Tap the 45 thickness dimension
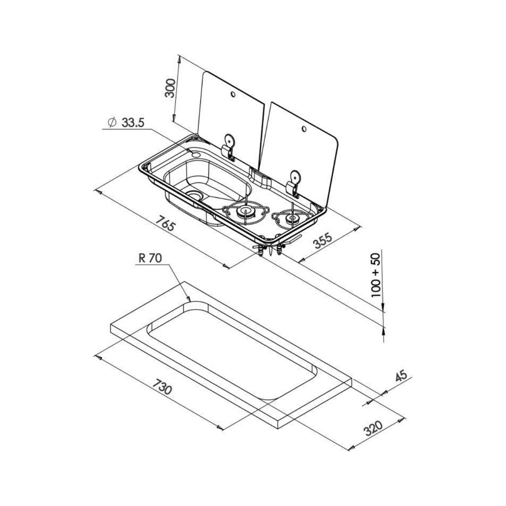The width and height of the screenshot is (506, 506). click(400, 377)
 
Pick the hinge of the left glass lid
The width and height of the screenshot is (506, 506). click(228, 146)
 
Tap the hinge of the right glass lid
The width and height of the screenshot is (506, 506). click(293, 183)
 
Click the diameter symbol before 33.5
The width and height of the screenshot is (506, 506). click(112, 123)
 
